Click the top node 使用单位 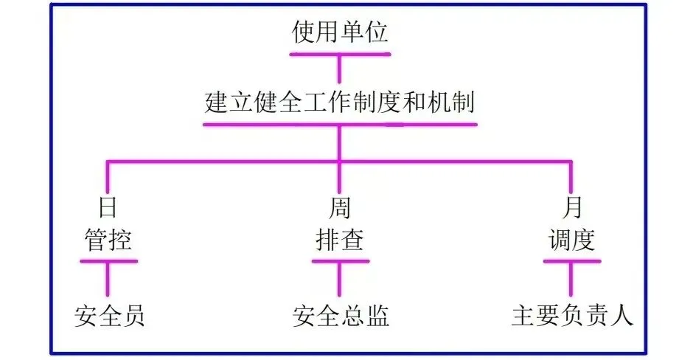(x=339, y=32)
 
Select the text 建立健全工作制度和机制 (x=339, y=101)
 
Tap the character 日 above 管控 (x=108, y=209)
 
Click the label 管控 (x=108, y=240)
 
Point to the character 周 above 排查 (x=339, y=209)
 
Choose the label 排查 (x=339, y=240)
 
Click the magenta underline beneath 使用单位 (x=339, y=53)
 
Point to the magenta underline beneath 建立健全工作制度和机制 (x=339, y=123)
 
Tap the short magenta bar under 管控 (x=108, y=260)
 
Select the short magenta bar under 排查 (x=339, y=260)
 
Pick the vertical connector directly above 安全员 (x=108, y=278)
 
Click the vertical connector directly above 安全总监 (x=339, y=278)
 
